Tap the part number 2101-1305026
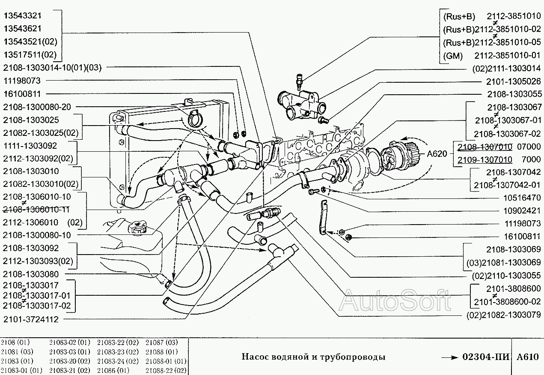pyautogui.click(x=513, y=81)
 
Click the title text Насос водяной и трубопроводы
pyautogui.click(x=313, y=357)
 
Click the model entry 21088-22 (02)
pyautogui.click(x=166, y=370)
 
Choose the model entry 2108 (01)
pyautogui.click(x=15, y=342)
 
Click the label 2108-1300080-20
pyautogui.click(x=37, y=106)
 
